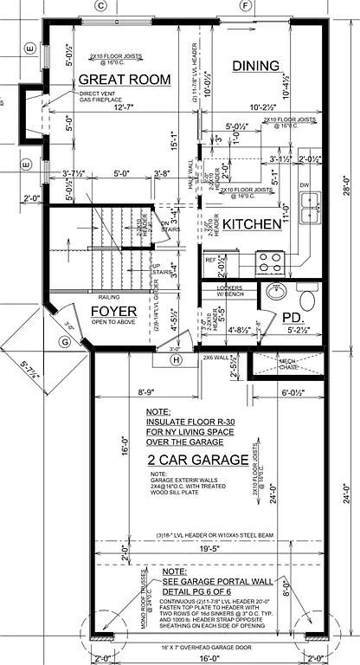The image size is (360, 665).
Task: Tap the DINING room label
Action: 255,66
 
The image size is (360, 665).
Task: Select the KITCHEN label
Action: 252,224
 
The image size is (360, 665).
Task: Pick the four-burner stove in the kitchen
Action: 269,260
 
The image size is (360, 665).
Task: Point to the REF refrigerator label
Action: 210,260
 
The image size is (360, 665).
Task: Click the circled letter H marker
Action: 177,359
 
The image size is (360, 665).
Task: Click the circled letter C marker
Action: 100,6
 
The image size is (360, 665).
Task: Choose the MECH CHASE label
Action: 288,363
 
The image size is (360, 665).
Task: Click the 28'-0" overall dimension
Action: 345,186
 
